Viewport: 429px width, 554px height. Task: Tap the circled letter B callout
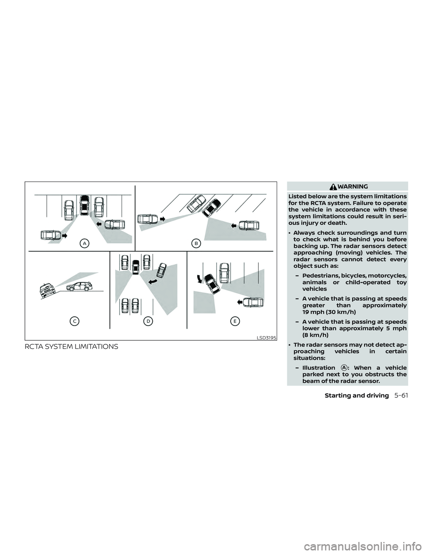pos(196,244)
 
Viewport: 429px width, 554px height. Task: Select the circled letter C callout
pos(75,321)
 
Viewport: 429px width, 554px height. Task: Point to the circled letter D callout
pos(148,321)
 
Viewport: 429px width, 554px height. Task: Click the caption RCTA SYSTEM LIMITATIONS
pos(71,347)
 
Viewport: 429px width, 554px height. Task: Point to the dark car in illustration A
pos(84,205)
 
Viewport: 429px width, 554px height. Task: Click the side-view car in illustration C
pos(79,286)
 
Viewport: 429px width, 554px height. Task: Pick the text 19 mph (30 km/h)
pos(329,312)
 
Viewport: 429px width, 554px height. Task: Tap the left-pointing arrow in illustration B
pos(234,225)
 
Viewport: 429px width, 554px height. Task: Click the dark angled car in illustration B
pos(211,208)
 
